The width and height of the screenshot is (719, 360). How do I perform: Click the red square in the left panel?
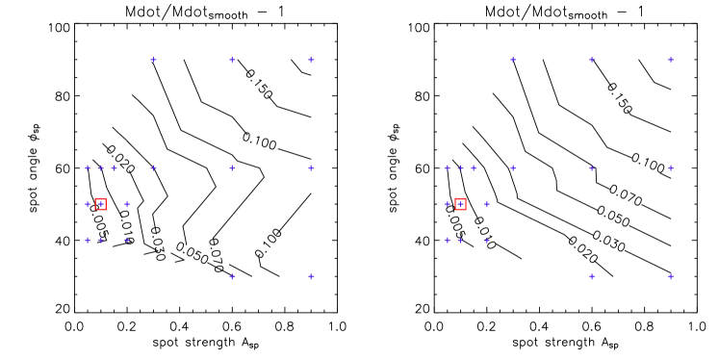point(100,204)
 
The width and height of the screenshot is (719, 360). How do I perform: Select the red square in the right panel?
point(460,204)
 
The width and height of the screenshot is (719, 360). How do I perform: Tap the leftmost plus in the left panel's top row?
point(153,60)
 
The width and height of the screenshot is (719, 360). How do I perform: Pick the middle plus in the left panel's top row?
point(232,60)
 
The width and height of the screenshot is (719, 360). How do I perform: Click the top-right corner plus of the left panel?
point(311,60)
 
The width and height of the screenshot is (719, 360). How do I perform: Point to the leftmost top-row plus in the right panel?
point(513,60)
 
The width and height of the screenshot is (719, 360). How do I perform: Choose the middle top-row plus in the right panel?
point(592,60)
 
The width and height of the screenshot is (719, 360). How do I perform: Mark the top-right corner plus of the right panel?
point(671,60)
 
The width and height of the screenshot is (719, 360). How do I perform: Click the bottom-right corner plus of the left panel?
point(311,276)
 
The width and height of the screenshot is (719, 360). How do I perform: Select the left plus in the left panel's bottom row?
point(232,276)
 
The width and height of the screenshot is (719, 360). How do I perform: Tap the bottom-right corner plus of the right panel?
point(671,276)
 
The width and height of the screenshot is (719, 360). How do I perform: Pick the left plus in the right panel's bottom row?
point(592,276)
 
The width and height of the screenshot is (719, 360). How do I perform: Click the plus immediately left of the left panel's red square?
point(88,204)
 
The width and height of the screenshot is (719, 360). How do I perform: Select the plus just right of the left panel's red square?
point(127,204)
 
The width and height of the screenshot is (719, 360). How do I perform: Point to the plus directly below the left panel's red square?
point(100,240)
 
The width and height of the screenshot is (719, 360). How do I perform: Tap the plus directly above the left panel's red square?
point(100,167)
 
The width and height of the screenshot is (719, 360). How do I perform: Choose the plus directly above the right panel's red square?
point(460,167)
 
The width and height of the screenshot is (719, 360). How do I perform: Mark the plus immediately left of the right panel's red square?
point(448,204)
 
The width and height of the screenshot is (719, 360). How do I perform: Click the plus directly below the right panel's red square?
point(460,240)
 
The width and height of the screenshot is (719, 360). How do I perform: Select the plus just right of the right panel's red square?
point(487,204)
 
